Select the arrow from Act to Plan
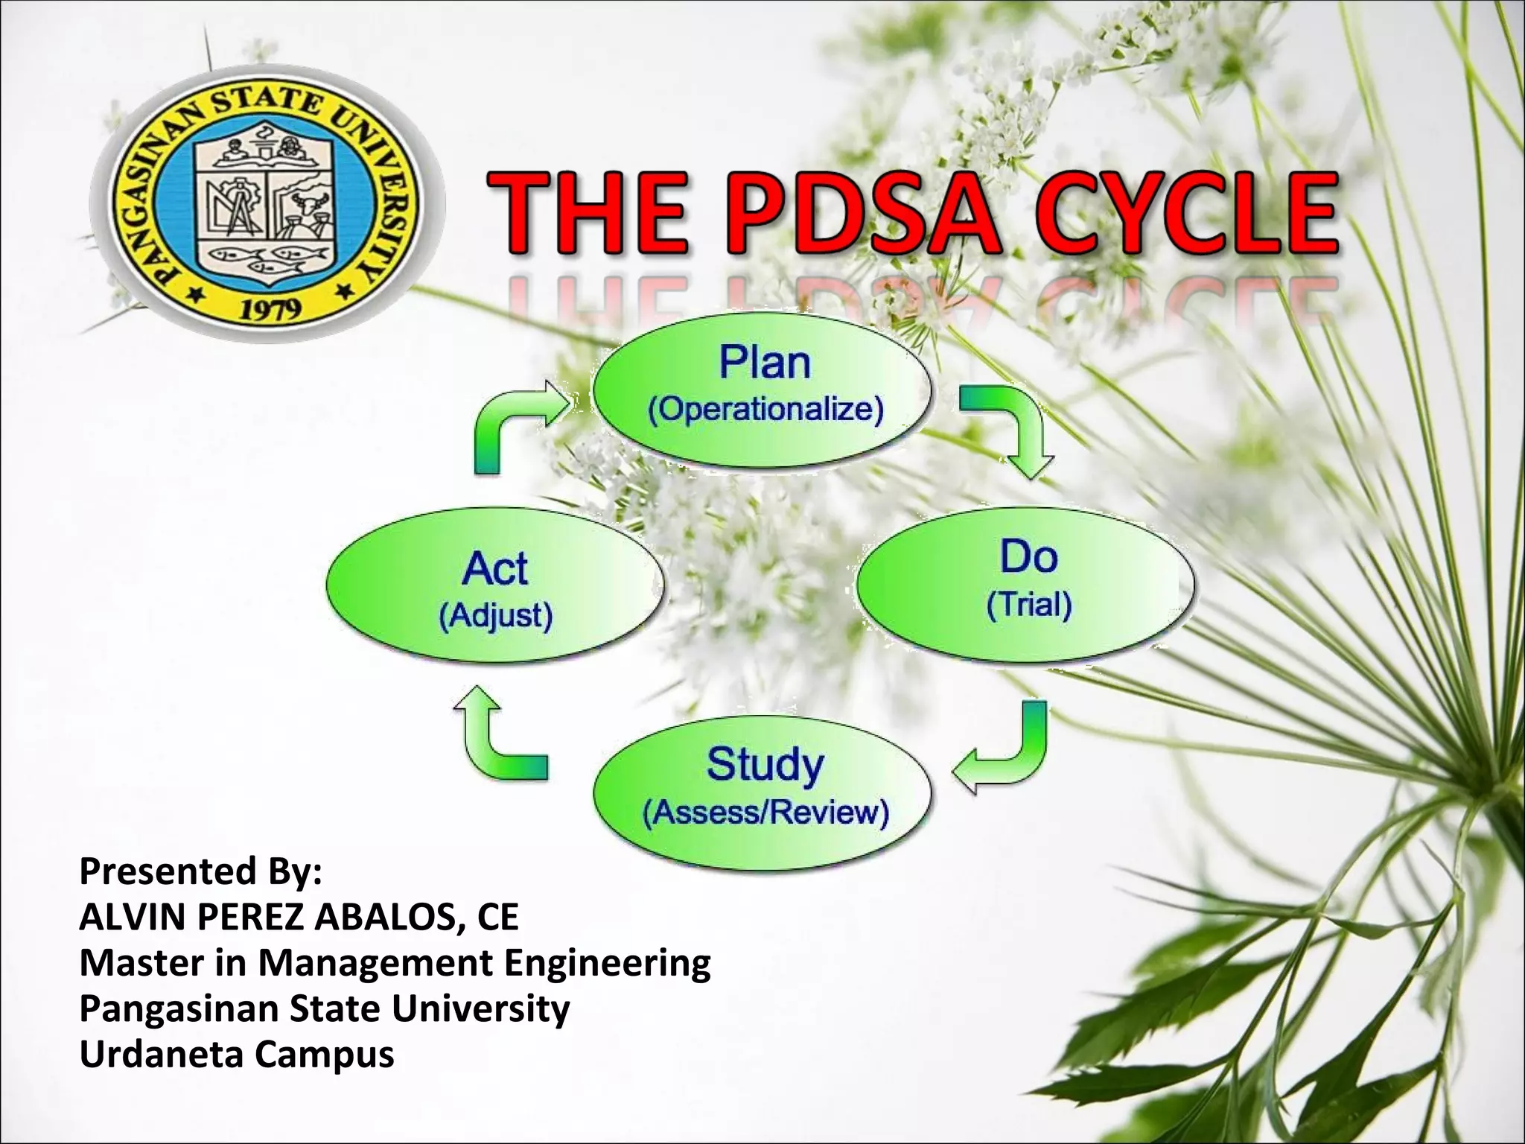(x=514, y=425)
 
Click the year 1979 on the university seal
(x=270, y=308)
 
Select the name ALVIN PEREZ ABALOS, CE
(x=299, y=917)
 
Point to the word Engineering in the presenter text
(x=607, y=962)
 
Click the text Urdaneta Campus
(x=237, y=1054)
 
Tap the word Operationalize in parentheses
(x=765, y=410)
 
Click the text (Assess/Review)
(x=765, y=812)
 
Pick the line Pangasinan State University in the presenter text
(x=325, y=1008)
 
